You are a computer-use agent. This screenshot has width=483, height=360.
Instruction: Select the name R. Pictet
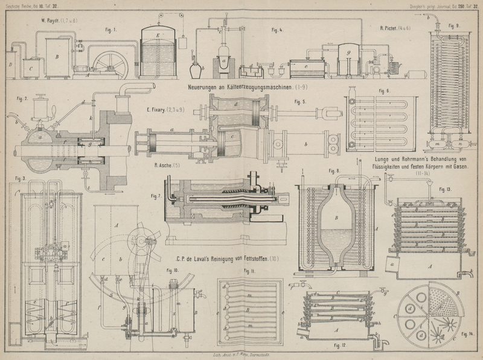[391, 28]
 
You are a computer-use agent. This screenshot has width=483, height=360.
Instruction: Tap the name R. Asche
[164, 164]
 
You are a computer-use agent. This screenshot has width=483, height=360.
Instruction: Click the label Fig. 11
[249, 272]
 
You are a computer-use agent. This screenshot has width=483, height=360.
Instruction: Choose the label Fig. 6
[384, 91]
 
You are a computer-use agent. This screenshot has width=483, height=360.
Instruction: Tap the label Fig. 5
[301, 102]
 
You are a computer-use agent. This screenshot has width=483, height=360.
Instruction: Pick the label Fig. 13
[446, 190]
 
